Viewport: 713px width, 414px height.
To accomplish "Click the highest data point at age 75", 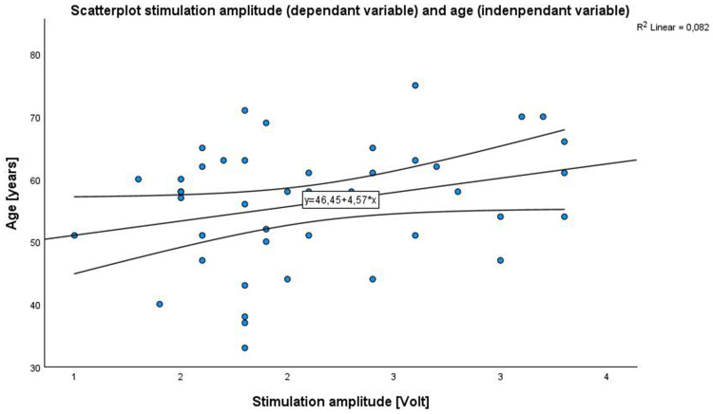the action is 414,85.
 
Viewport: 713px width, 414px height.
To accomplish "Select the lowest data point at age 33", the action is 244,348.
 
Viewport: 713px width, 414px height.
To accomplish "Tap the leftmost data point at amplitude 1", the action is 74,235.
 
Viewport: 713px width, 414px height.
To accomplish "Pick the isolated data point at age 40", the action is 160,304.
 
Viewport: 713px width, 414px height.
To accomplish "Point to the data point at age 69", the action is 266,123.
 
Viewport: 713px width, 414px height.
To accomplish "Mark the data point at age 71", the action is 244,110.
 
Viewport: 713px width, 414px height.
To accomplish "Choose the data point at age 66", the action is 565,141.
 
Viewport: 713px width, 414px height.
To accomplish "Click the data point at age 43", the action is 244,285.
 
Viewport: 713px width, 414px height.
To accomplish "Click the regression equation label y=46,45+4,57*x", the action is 341,200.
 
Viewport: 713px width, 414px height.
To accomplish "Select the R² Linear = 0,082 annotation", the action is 672,28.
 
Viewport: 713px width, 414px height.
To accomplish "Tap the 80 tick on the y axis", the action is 35,55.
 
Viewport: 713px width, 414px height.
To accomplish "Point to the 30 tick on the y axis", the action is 35,367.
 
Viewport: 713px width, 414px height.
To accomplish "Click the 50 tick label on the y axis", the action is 35,243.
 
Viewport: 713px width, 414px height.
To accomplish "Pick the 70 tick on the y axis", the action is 35,118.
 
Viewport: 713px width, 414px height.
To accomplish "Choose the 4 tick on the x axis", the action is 607,377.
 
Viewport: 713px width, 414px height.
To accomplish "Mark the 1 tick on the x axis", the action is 74,377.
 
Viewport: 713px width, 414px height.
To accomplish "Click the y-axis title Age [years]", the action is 11,194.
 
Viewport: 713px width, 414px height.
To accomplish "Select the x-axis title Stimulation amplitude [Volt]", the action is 340,402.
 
